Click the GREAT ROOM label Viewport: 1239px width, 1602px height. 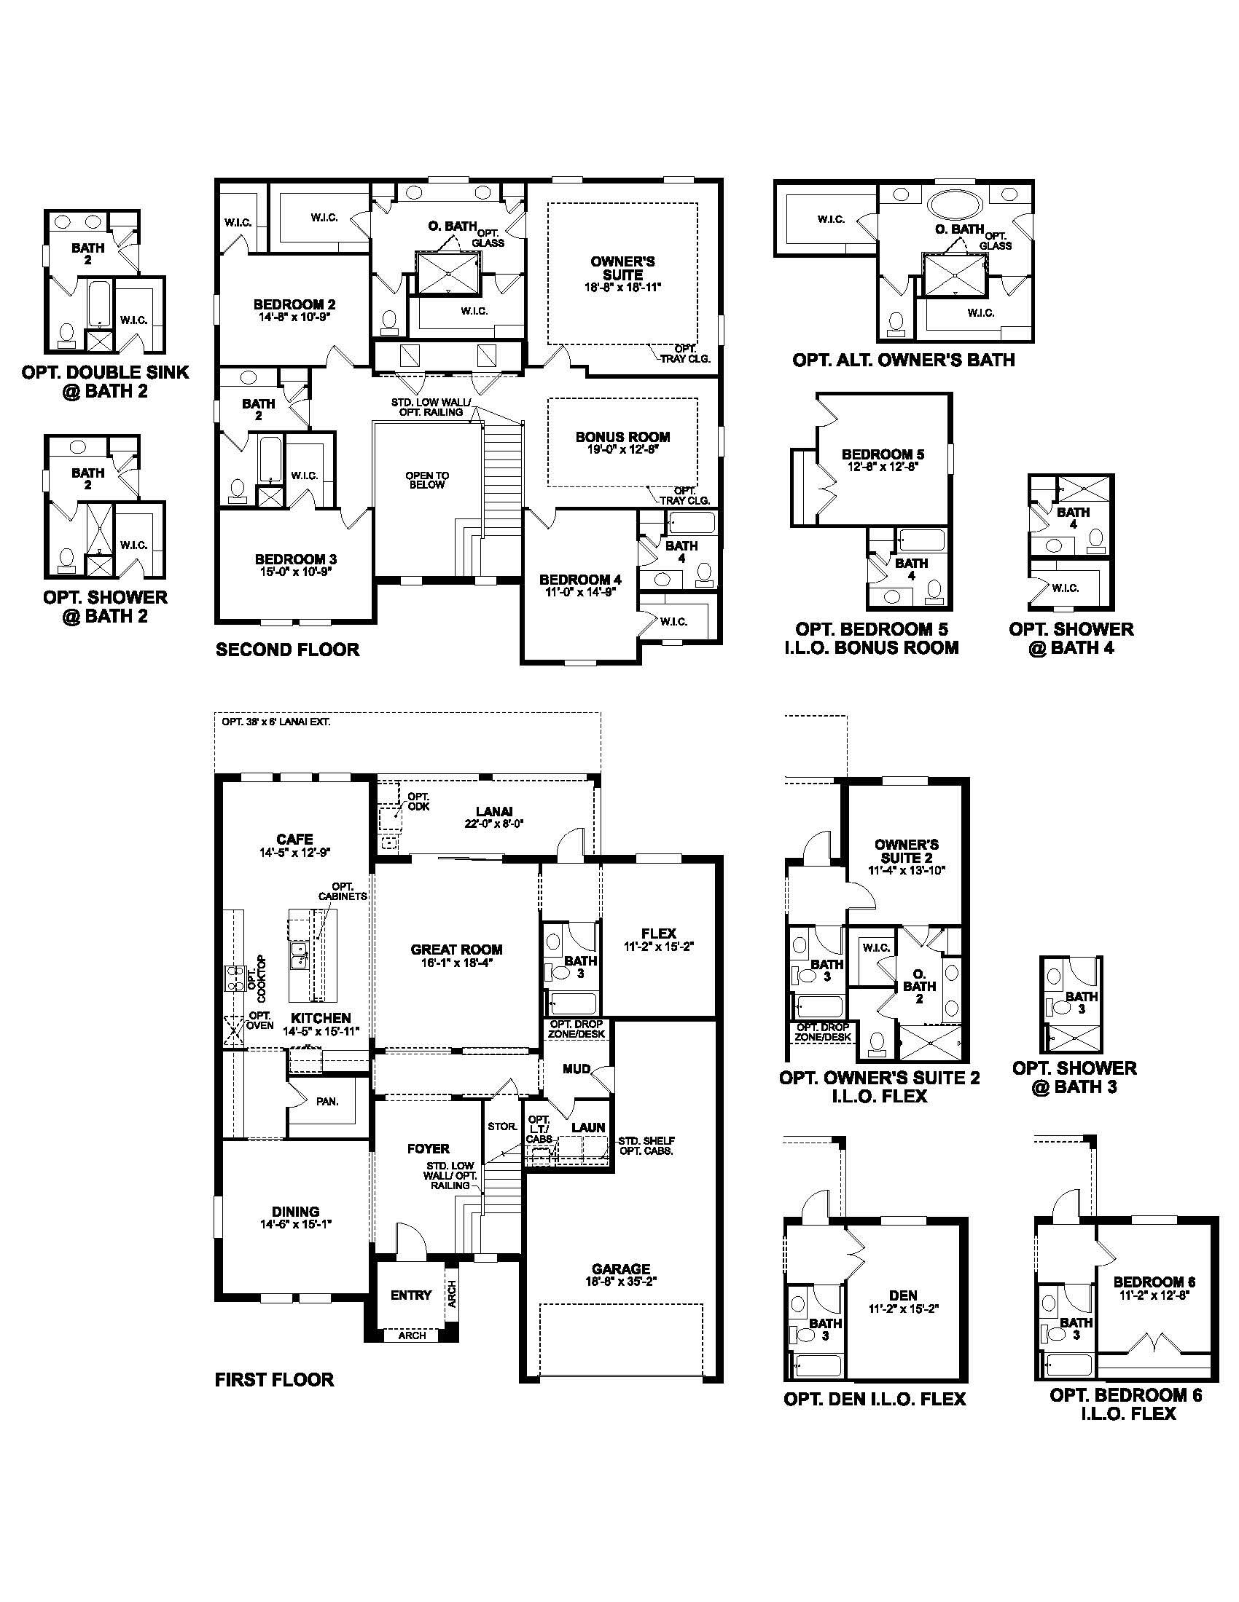pos(456,949)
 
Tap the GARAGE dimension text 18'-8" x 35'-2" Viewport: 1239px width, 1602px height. pos(621,1282)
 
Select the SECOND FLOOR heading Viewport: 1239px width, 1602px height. pos(288,649)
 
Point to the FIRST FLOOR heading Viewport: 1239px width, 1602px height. pos(275,1379)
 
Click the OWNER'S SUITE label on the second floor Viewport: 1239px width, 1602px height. pos(622,268)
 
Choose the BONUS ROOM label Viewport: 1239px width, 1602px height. pos(622,436)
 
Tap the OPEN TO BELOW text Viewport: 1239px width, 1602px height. pos(427,481)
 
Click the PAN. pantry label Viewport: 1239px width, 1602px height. pos(327,1101)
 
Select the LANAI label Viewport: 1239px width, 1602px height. pos(494,811)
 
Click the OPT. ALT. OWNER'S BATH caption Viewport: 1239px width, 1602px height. pos(904,360)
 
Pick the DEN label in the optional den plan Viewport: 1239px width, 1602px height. pos(903,1295)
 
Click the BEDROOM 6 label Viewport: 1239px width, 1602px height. pos(1154,1282)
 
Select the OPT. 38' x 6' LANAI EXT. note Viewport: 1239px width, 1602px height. pos(276,722)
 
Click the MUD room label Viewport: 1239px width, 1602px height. pos(576,1069)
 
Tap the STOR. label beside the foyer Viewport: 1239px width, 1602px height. pos(502,1126)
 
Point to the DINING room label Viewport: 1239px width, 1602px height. pos(296,1211)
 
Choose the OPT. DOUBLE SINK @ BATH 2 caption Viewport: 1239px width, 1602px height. pos(105,382)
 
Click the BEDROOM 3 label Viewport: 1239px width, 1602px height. pos(296,559)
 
